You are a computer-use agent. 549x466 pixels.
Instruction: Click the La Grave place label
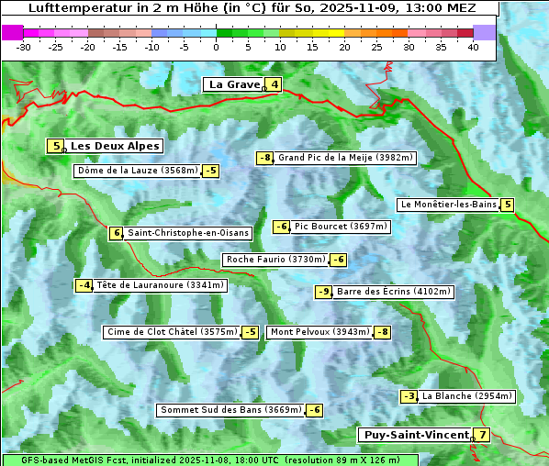pos(233,84)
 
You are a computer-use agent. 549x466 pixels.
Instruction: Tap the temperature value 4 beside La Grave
pos(274,85)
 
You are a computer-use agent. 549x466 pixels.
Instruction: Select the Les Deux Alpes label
pos(115,146)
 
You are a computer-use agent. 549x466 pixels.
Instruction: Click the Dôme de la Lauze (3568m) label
pos(137,171)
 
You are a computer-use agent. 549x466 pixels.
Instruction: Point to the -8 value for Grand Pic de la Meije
pos(265,158)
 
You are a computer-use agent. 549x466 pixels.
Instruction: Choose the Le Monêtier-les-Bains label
pos(447,205)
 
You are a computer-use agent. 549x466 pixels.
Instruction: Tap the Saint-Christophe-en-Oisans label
pos(188,233)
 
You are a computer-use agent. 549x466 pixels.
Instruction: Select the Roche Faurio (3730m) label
pos(275,260)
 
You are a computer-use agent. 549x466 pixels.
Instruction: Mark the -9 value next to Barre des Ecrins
pos(323,292)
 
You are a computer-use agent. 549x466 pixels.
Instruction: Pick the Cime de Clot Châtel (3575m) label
pos(172,332)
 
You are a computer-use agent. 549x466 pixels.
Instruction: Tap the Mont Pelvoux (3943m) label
pos(319,332)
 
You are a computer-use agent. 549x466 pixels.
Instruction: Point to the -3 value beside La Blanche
pos(409,396)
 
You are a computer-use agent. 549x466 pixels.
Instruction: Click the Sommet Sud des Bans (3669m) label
pos(230,410)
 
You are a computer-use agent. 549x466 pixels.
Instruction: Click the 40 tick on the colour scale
pos(473,47)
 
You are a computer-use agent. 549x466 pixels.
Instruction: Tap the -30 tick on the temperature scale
pos(24,47)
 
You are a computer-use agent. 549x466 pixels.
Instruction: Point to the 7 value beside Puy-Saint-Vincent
pos(482,435)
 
